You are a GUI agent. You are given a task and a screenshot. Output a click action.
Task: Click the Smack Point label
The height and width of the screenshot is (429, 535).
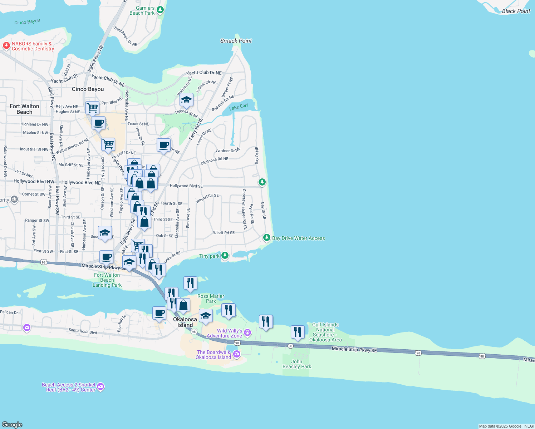point(236,41)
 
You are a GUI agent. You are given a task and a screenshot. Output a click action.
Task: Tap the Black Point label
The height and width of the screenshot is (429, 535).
point(516,11)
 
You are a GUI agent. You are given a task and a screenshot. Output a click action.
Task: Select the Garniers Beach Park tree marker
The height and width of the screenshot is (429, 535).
point(160,10)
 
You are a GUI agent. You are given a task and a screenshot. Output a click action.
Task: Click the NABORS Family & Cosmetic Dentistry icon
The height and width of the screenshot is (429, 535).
point(6,46)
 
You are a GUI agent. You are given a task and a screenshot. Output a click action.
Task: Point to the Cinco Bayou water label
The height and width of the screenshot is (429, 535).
point(27,22)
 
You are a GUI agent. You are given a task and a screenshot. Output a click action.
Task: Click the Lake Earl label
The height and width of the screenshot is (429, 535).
point(238,107)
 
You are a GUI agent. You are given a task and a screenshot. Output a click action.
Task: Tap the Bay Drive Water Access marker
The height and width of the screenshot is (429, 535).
point(266,237)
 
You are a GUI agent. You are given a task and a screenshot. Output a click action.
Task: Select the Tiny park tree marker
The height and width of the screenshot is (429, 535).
point(225,255)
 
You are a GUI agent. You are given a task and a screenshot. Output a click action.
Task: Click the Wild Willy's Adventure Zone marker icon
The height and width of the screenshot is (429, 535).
point(247,333)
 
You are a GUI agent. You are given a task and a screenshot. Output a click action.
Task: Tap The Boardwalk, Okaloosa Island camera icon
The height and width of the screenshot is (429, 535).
point(236,354)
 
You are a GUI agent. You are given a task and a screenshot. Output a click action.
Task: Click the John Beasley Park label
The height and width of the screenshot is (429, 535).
point(297,364)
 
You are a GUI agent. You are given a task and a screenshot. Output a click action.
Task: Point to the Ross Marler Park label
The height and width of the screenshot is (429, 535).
point(211,299)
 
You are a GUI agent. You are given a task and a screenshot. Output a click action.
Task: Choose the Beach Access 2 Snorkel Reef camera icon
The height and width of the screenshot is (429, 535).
point(100,386)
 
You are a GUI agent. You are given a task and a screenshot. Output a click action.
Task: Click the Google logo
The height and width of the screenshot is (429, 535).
point(12,425)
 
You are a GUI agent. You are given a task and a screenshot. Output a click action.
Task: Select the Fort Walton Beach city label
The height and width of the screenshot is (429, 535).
point(24,109)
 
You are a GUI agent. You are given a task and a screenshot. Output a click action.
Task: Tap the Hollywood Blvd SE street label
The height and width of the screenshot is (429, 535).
point(186,186)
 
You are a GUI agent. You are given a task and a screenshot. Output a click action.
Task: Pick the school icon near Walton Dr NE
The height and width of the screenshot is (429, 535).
point(186,100)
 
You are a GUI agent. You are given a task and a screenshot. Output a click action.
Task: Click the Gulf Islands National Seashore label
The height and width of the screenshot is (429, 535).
point(325,332)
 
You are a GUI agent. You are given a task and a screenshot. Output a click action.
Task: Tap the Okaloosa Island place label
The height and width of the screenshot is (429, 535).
point(185,322)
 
